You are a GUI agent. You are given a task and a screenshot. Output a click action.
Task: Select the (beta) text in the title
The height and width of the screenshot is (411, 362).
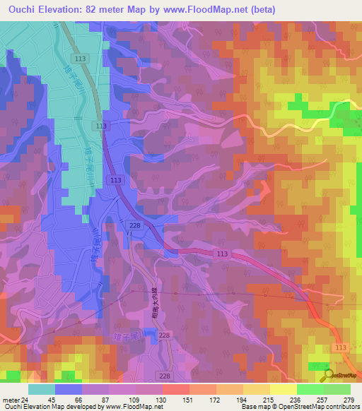tap(262, 9)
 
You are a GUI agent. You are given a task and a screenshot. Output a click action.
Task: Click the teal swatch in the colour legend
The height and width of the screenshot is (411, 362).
tap(40, 389)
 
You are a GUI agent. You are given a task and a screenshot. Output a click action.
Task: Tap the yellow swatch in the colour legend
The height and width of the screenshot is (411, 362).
tap(282, 389)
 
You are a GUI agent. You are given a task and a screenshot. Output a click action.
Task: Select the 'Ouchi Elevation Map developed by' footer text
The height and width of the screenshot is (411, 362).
tap(52, 407)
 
